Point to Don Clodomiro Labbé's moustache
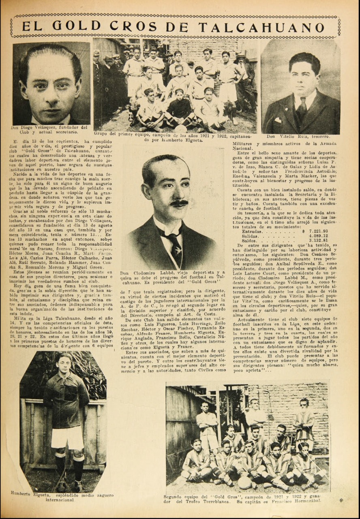[179, 203]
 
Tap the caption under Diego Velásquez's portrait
[49, 129]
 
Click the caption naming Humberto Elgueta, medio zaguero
[62, 498]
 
